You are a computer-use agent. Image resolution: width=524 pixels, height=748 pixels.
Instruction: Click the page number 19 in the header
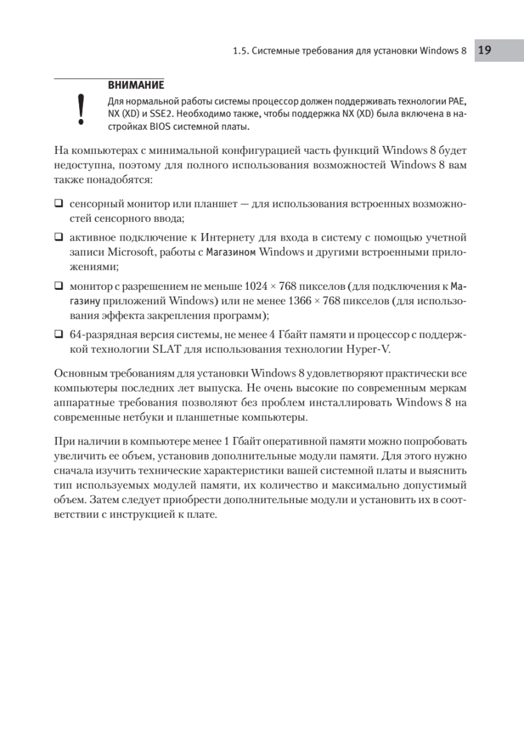(485, 50)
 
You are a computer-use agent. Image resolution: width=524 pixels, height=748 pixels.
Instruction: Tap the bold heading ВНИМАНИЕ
(136, 85)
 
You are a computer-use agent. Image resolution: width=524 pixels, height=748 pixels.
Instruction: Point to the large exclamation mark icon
(80, 110)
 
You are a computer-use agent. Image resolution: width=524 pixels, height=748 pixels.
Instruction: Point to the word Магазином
(231, 252)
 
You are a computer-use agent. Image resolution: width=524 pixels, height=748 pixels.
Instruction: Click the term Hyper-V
(371, 349)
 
